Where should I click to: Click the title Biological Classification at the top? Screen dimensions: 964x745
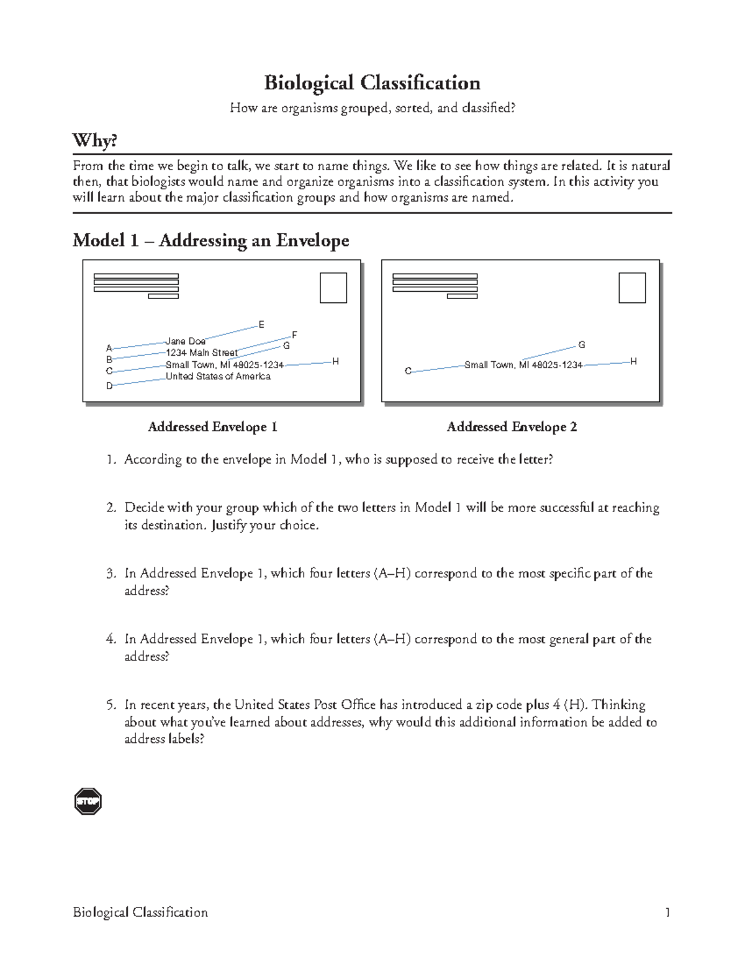(x=372, y=83)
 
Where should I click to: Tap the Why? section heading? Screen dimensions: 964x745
(x=94, y=140)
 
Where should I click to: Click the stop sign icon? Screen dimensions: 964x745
(x=88, y=801)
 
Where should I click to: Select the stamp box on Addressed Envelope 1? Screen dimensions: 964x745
(x=333, y=288)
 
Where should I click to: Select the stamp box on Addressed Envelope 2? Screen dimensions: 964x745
(x=632, y=288)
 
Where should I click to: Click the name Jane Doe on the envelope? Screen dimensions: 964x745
(x=185, y=341)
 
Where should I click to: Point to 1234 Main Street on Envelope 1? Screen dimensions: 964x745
(x=201, y=353)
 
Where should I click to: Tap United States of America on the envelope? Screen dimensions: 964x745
(x=218, y=376)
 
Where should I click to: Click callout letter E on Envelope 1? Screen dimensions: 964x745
(x=261, y=325)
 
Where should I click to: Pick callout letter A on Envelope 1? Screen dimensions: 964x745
(x=109, y=348)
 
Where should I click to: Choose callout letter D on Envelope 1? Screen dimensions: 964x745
(x=109, y=385)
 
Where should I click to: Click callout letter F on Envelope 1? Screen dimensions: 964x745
(x=294, y=335)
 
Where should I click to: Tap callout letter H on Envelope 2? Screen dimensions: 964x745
(x=633, y=361)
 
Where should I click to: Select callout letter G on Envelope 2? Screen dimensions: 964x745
(x=582, y=345)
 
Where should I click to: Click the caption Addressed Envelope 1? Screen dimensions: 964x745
(x=212, y=427)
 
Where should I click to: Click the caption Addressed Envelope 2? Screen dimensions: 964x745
(x=512, y=427)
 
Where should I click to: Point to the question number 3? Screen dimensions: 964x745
(x=111, y=574)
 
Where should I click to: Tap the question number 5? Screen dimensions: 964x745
(x=111, y=705)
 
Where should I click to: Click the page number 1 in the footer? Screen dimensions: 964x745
(x=667, y=912)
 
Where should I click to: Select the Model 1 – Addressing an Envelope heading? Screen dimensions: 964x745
(x=210, y=240)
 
